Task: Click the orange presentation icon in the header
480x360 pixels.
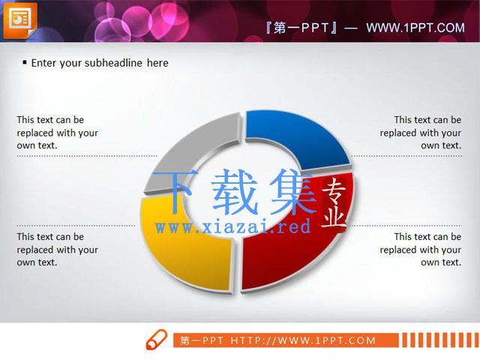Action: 20,20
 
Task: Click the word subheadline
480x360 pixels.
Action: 113,63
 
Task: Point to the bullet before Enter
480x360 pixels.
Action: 25,63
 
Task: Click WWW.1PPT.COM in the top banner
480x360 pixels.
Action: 415,28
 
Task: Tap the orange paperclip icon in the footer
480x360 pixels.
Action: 157,339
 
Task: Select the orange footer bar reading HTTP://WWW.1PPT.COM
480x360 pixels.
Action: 286,340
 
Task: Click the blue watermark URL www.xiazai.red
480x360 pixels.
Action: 232,227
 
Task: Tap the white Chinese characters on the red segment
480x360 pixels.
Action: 334,203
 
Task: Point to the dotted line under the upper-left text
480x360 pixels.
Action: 87,156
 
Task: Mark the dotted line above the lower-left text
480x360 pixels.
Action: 76,226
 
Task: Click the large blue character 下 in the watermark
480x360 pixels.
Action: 174,191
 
